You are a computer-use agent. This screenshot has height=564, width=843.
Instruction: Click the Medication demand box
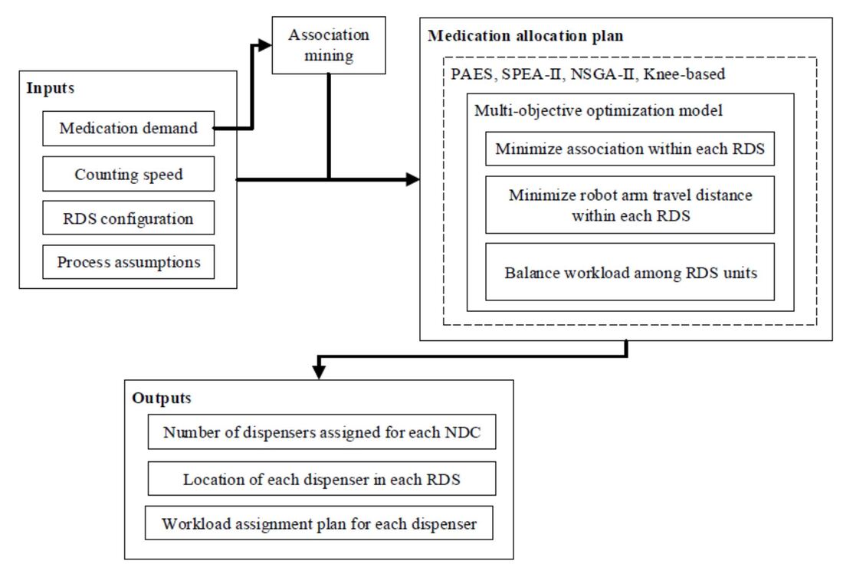point(128,129)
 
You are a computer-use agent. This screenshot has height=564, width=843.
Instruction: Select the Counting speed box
point(128,174)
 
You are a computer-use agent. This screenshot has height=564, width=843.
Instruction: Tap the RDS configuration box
point(128,218)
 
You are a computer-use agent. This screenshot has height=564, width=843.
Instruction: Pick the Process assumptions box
point(128,262)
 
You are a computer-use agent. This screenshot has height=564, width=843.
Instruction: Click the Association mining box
point(328,45)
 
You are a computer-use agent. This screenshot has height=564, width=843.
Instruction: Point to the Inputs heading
point(51,87)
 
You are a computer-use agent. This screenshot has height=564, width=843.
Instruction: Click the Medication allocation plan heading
point(525,36)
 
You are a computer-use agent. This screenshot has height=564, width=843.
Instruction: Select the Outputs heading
point(162,398)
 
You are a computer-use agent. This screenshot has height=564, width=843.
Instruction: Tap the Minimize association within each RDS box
point(630,149)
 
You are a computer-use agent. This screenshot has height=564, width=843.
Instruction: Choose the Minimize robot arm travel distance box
point(630,205)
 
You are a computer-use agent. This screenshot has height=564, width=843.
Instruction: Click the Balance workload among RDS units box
point(630,272)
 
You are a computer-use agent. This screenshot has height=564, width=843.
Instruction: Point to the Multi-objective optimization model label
point(598,110)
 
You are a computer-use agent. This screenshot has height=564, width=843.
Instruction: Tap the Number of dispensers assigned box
point(321,433)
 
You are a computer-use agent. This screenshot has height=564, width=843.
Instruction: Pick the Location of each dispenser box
point(321,479)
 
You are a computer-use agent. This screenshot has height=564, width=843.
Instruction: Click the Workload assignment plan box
point(319,524)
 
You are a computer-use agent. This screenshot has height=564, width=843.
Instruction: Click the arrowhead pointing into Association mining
point(265,45)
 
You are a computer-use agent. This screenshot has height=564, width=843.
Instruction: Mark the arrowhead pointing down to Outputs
point(320,372)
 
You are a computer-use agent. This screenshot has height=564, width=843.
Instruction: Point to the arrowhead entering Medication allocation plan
point(413,179)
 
